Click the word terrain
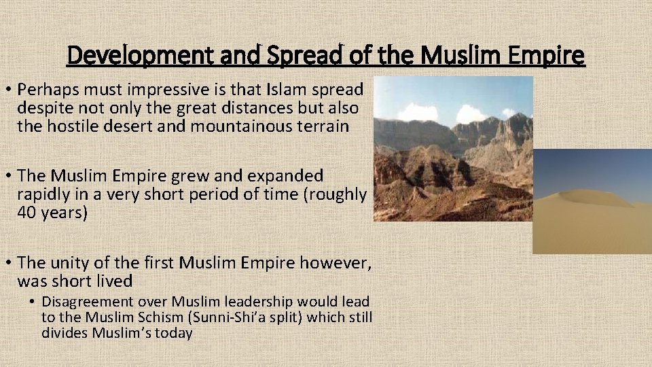324,126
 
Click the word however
342,262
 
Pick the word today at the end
174,333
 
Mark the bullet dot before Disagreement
33,302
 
